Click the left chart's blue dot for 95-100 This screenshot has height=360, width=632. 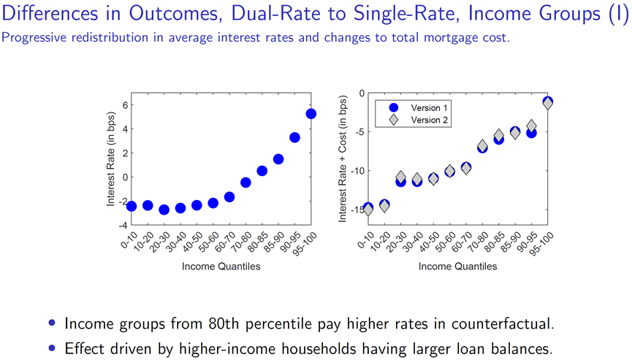[x=311, y=113]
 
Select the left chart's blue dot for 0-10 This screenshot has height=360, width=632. [x=132, y=206]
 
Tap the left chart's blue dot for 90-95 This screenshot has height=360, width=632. [x=295, y=137]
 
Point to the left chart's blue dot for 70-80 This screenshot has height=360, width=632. [x=245, y=183]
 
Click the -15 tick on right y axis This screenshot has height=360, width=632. [x=356, y=210]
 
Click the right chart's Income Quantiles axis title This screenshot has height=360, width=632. [x=457, y=267]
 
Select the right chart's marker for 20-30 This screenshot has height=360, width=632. [x=400, y=179]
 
